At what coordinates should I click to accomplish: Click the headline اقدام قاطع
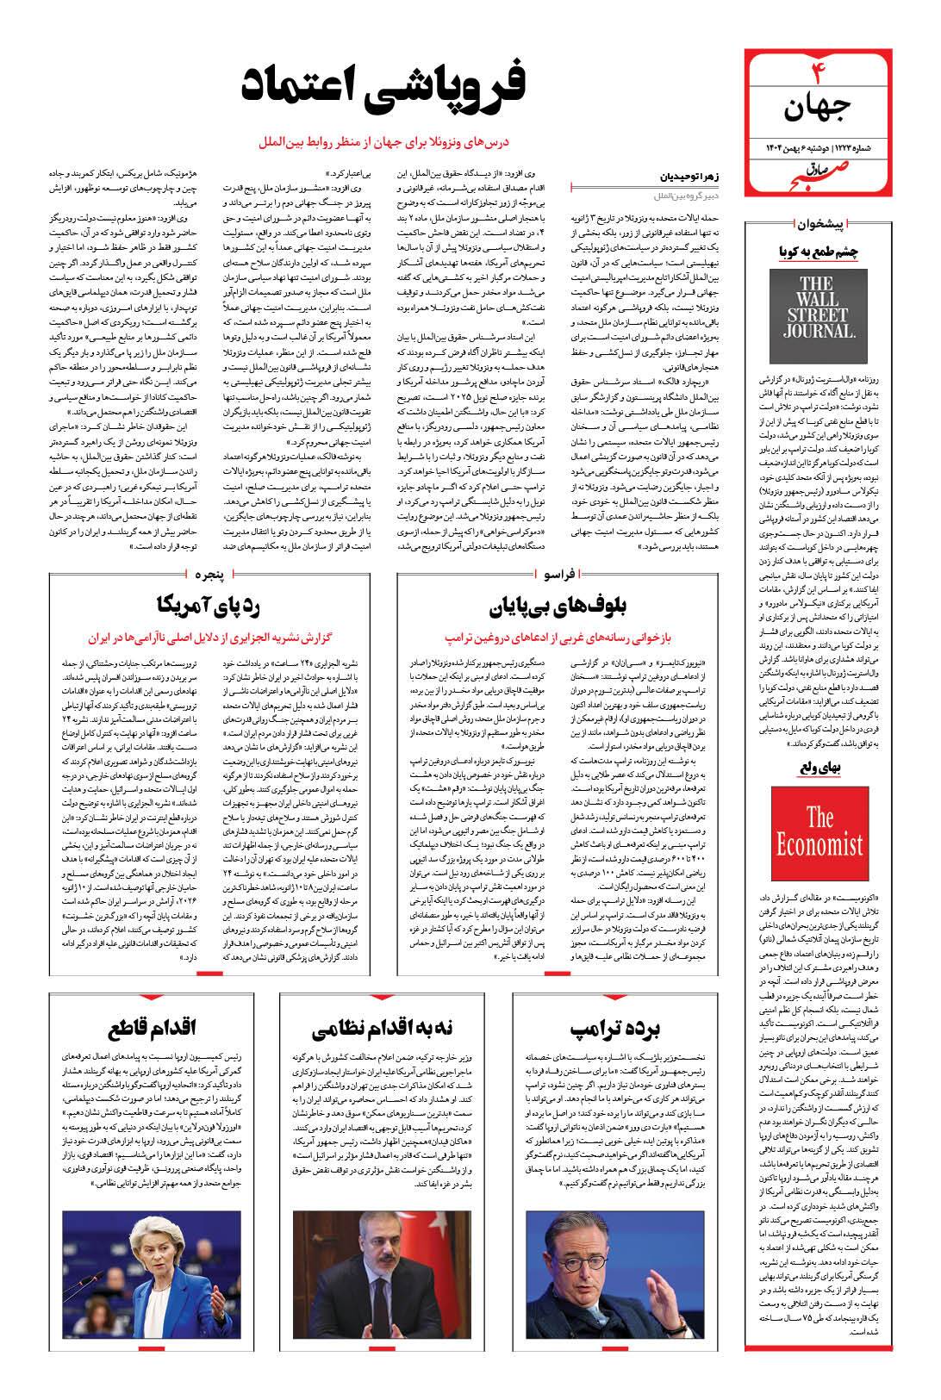154,1027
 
